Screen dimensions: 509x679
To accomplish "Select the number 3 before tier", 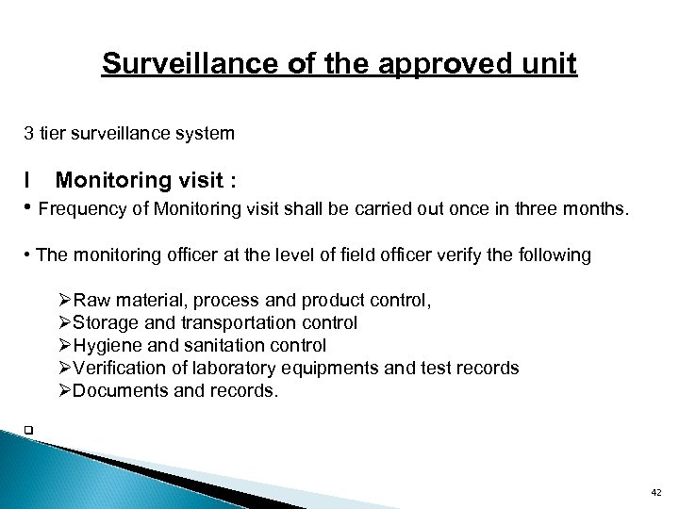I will (x=28, y=134).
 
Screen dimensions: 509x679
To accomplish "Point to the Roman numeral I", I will (x=28, y=179).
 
